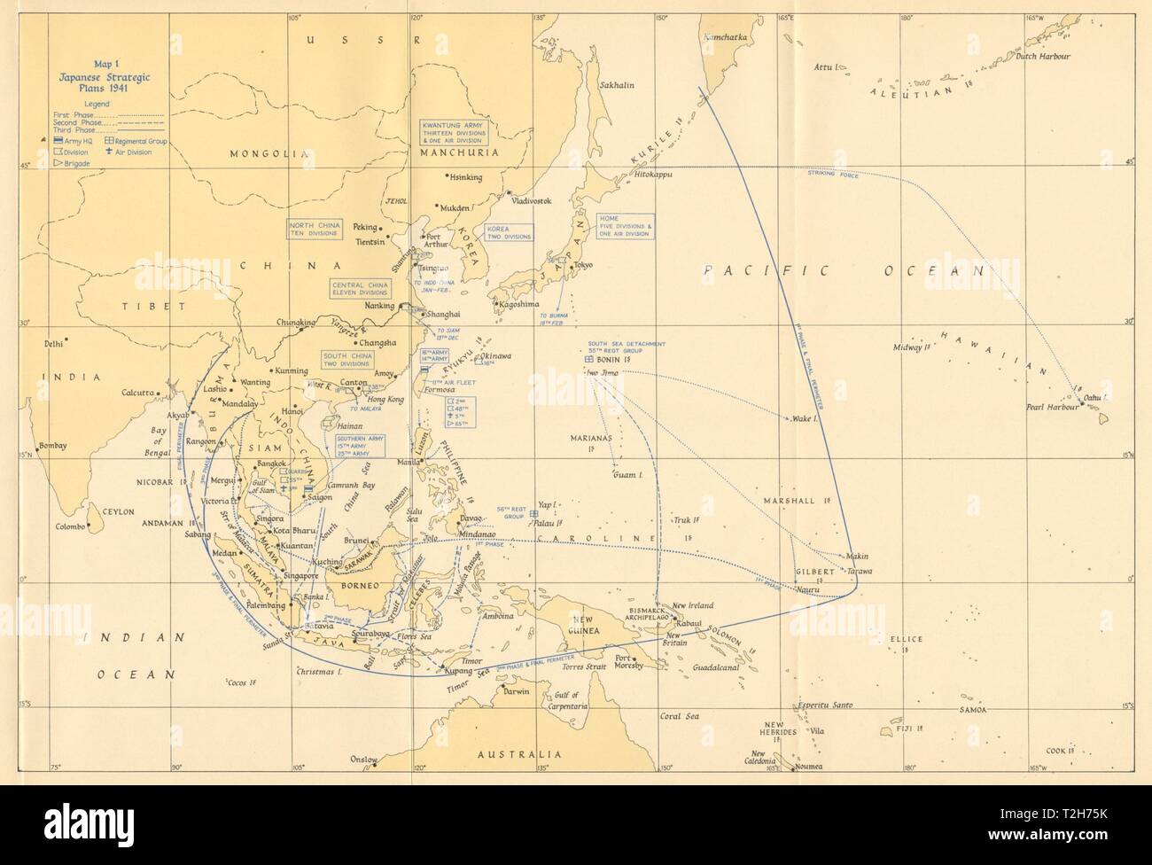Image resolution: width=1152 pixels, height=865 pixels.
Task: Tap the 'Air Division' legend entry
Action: (130, 152)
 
